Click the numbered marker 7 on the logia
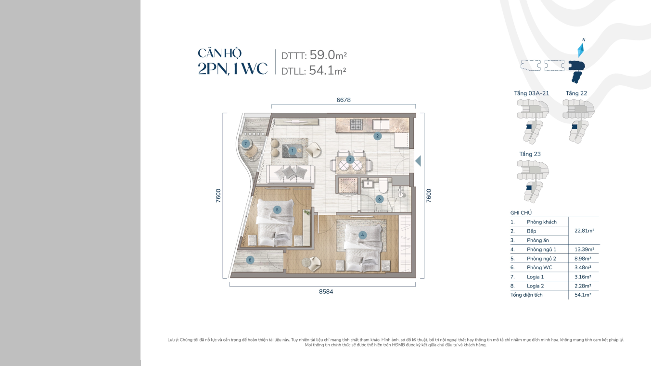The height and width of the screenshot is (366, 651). pyautogui.click(x=245, y=144)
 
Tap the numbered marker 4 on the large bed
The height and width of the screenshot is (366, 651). pyautogui.click(x=362, y=235)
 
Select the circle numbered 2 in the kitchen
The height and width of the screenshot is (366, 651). pyautogui.click(x=377, y=136)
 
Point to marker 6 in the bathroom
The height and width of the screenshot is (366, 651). pyautogui.click(x=379, y=199)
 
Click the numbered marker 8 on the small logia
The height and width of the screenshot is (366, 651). pyautogui.click(x=250, y=260)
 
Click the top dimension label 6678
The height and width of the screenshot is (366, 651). pyautogui.click(x=344, y=100)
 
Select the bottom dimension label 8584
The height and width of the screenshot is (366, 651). pyautogui.click(x=326, y=291)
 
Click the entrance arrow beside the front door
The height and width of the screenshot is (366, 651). pyautogui.click(x=418, y=161)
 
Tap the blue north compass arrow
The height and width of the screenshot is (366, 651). pyautogui.click(x=580, y=51)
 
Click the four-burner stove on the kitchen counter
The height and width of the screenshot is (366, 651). pyautogui.click(x=356, y=125)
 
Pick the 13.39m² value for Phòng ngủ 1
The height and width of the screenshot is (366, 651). pyautogui.click(x=584, y=249)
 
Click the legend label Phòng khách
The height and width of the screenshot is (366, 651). pyautogui.click(x=542, y=222)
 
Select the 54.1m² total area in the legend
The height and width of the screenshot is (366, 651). pyautogui.click(x=583, y=295)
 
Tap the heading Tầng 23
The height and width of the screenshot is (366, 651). pyautogui.click(x=530, y=154)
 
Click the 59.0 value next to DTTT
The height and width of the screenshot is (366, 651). pyautogui.click(x=322, y=55)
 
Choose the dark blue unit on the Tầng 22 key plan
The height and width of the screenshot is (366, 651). pyautogui.click(x=574, y=127)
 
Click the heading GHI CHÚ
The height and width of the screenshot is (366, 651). pyautogui.click(x=521, y=213)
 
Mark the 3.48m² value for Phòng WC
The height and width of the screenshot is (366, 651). pyautogui.click(x=583, y=267)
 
